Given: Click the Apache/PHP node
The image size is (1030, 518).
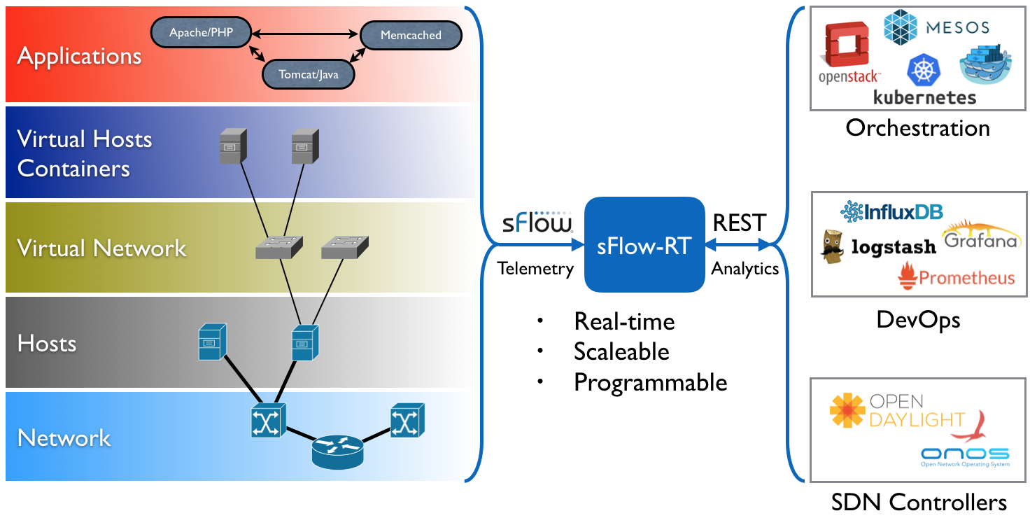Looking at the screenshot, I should click(x=202, y=33).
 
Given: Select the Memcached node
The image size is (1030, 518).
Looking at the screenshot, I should click(x=411, y=35).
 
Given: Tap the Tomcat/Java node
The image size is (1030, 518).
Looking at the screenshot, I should click(x=309, y=73).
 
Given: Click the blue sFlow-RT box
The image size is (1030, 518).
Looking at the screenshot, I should click(x=644, y=245).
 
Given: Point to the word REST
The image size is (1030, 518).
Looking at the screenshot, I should click(x=739, y=223).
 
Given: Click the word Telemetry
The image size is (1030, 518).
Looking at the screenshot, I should click(x=535, y=269).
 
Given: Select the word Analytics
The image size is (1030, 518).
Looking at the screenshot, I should click(x=745, y=269).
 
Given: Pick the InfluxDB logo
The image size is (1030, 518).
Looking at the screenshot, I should click(x=892, y=211).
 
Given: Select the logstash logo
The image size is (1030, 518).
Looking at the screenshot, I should click(x=879, y=246).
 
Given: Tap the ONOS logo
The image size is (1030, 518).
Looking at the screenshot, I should click(x=965, y=454).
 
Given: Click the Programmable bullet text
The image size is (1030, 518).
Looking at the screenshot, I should click(x=650, y=382).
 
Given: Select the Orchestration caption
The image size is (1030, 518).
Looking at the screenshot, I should click(x=917, y=128).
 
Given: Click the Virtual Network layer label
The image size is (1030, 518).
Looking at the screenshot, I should click(x=101, y=248).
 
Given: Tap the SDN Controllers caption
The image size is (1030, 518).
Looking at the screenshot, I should click(x=919, y=502).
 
